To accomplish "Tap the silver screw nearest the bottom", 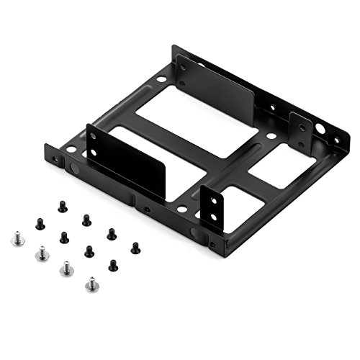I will [x=91, y=284].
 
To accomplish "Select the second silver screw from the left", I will [x=41, y=251].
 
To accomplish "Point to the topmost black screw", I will [x=63, y=207].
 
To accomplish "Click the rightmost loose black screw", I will [x=135, y=248].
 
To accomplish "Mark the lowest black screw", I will [x=113, y=265].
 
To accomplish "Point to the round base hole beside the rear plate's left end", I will [x=163, y=78].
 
